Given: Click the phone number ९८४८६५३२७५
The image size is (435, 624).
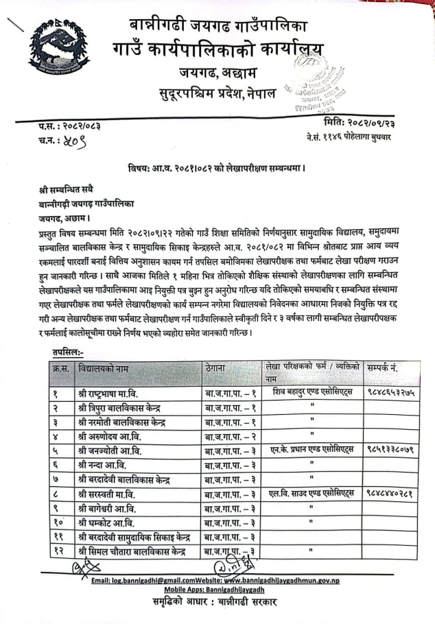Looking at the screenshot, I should point(388,394).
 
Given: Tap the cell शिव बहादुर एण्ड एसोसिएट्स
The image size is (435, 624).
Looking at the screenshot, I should point(311,393).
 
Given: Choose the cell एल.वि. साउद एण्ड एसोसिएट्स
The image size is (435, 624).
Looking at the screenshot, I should point(311,493).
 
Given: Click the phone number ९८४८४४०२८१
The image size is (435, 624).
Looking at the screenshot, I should point(388,493).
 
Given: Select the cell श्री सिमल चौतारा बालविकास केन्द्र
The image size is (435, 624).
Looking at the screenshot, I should point(133,550).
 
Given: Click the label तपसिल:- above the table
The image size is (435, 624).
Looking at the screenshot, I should point(68,352).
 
